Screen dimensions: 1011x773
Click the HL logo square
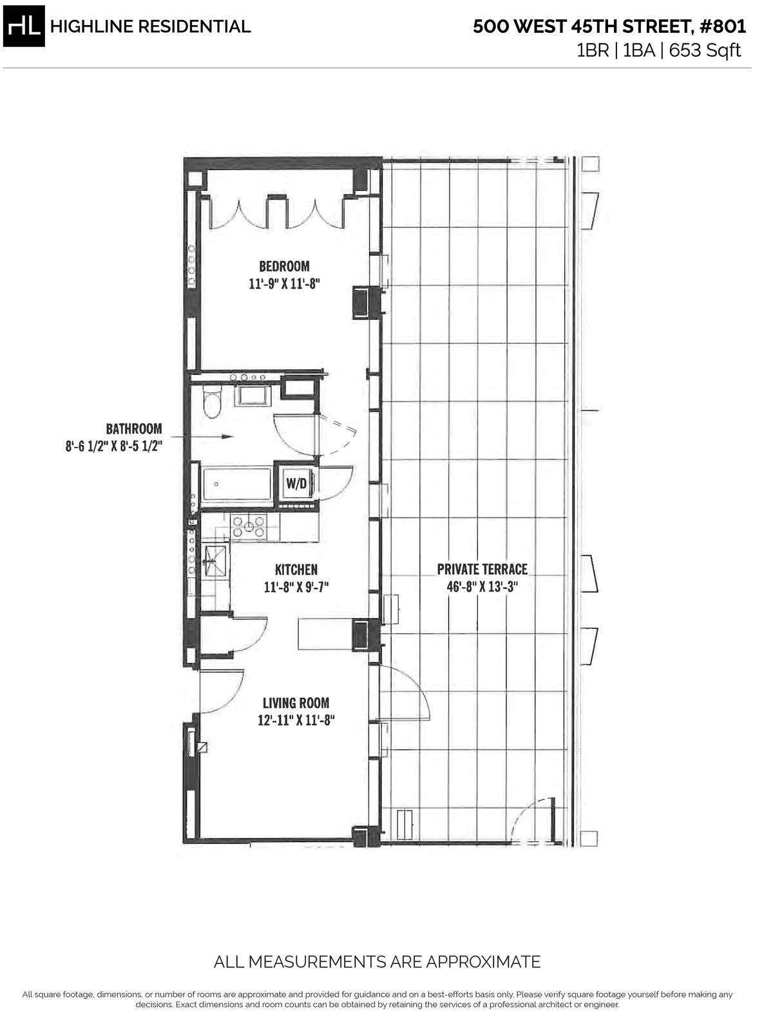[x=24, y=26]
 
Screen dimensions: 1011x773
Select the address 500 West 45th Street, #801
[x=609, y=26]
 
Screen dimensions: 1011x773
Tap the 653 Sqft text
[x=705, y=50]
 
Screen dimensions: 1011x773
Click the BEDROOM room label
[x=284, y=265]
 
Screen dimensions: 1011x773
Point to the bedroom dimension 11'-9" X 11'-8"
[x=284, y=283]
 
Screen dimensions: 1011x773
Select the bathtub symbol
[x=236, y=485]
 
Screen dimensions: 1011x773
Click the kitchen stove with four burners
[x=249, y=526]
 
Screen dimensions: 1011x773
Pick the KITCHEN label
[x=296, y=570]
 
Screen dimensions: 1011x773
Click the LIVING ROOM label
[x=296, y=703]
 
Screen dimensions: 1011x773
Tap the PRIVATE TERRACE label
[x=482, y=569]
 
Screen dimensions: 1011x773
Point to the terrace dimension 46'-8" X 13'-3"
[x=482, y=587]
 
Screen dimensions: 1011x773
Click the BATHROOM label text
[x=134, y=428]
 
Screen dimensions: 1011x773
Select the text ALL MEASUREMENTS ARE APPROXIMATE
[x=377, y=963]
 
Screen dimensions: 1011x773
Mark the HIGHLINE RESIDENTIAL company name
[x=150, y=26]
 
